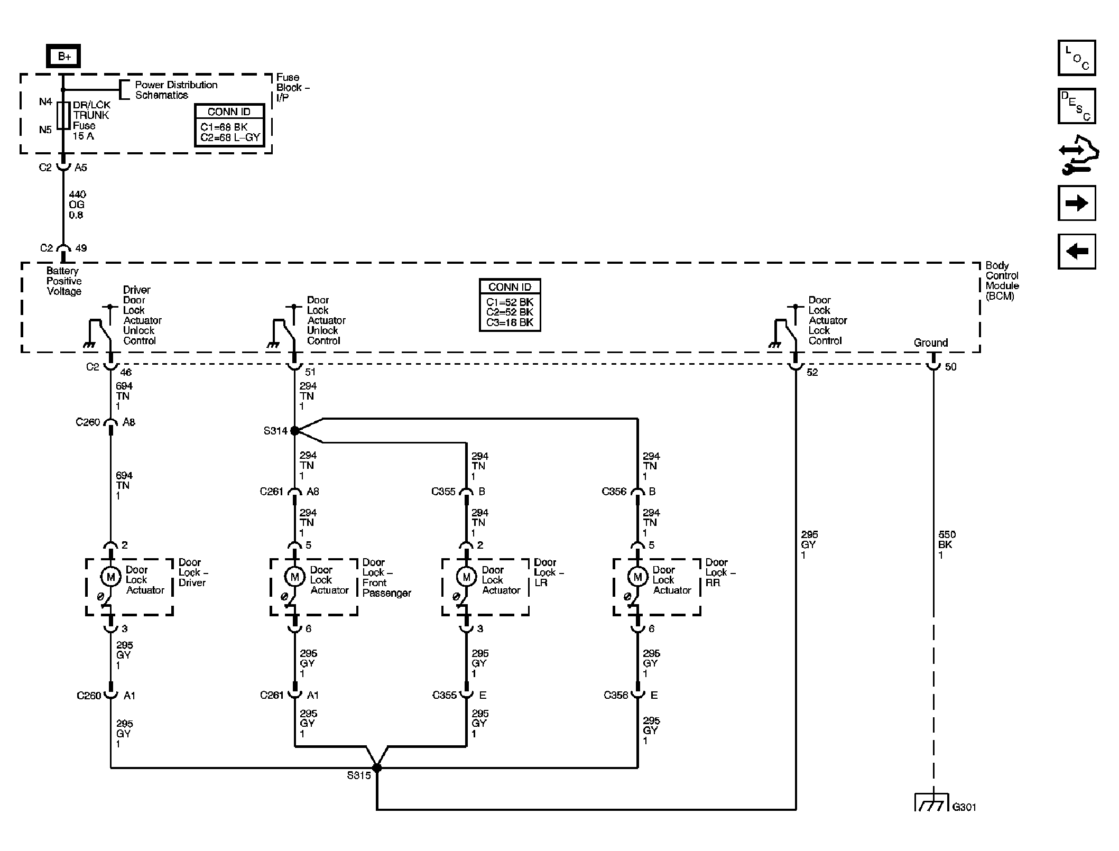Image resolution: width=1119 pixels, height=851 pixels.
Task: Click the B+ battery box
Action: (63, 56)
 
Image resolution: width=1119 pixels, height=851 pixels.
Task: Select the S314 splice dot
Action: (295, 431)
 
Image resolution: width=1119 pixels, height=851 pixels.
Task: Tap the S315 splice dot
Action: (377, 767)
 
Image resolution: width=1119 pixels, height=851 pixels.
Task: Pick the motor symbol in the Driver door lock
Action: (110, 577)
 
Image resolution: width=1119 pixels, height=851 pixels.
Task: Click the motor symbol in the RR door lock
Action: (637, 577)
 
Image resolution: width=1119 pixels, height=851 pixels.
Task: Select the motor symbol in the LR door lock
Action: (466, 577)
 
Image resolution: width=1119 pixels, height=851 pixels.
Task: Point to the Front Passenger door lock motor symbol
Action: (295, 577)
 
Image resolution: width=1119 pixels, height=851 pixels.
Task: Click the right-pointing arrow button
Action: (1077, 203)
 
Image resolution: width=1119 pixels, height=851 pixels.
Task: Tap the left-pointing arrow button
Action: (1077, 252)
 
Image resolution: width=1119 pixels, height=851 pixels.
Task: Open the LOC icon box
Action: (1077, 58)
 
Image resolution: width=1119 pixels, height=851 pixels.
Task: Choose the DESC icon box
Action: (1077, 106)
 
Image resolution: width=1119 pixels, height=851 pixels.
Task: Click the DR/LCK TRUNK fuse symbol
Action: (63, 116)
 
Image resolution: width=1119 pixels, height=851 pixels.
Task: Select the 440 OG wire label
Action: (77, 205)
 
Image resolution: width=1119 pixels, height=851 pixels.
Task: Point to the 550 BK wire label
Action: (946, 545)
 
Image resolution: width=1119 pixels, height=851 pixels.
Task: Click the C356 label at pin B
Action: (614, 492)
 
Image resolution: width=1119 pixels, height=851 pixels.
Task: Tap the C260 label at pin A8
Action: (88, 422)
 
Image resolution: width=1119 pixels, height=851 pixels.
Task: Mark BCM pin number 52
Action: (812, 373)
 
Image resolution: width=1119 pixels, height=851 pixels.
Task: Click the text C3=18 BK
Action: (510, 322)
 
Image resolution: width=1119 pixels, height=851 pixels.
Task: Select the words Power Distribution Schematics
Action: (176, 90)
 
